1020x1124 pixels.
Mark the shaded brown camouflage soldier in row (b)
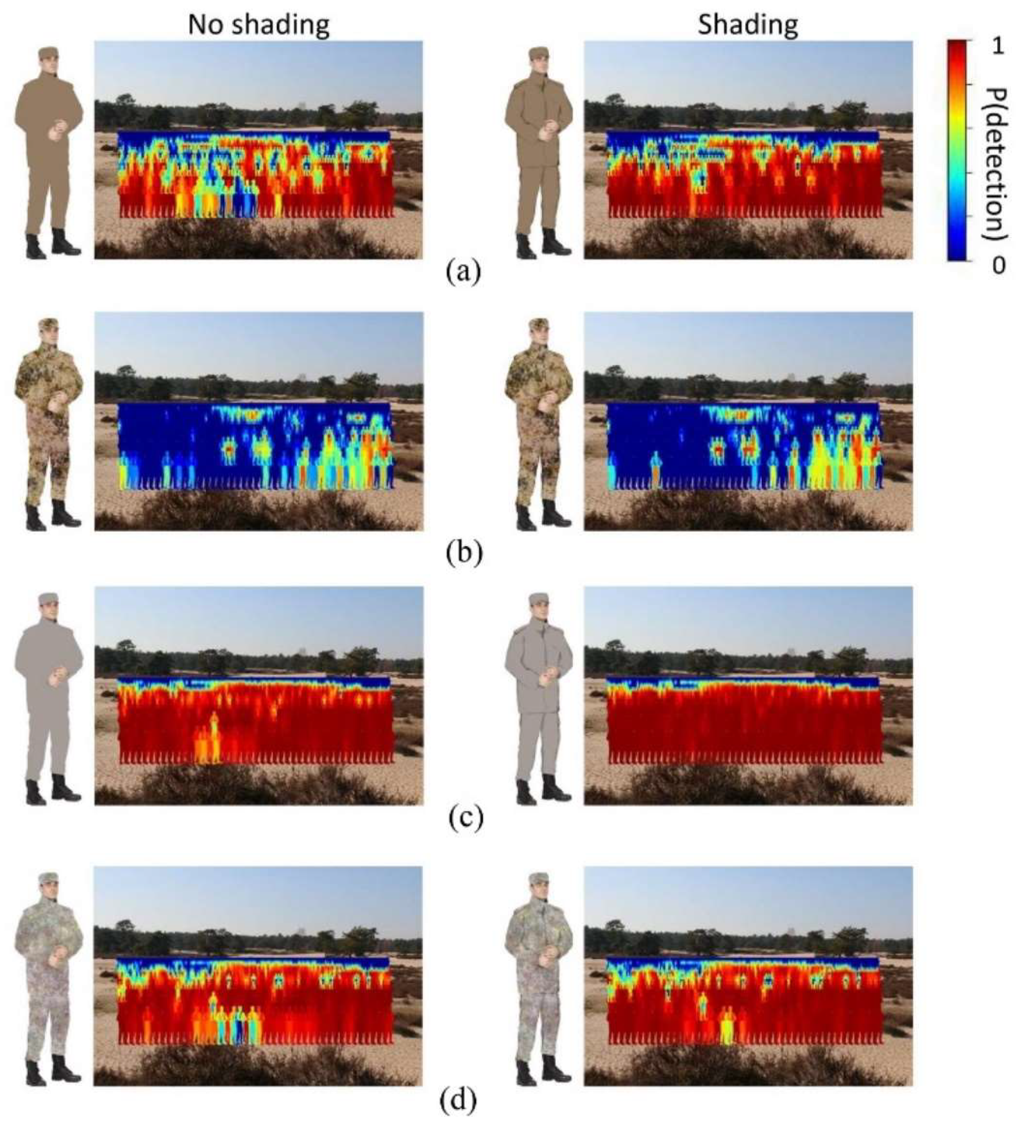(x=538, y=424)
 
